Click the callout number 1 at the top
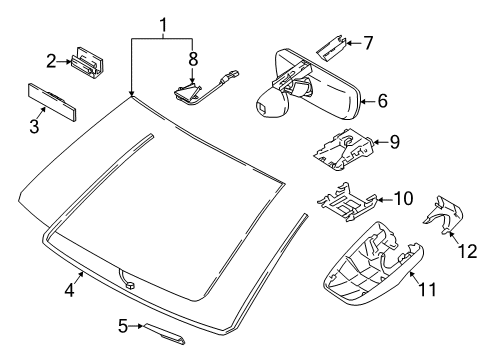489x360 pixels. click(x=163, y=26)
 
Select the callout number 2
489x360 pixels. click(x=51, y=61)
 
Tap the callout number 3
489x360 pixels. click(x=34, y=127)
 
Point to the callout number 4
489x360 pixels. click(x=69, y=289)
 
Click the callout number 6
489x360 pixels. click(x=383, y=101)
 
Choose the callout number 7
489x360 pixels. click(x=368, y=43)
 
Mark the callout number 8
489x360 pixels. click(x=193, y=59)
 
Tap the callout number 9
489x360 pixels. click(x=394, y=142)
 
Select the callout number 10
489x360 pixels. click(x=403, y=199)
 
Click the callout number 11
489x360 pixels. click(x=427, y=289)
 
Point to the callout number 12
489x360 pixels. click(x=467, y=251)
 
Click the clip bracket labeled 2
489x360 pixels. click(x=87, y=62)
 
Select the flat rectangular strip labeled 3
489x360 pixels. click(x=52, y=101)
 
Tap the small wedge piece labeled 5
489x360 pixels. click(x=164, y=334)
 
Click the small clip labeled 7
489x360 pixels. click(x=331, y=47)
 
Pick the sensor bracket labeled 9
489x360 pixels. click(x=344, y=149)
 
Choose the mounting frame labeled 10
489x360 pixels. click(x=347, y=202)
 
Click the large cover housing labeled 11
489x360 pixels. click(x=373, y=264)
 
